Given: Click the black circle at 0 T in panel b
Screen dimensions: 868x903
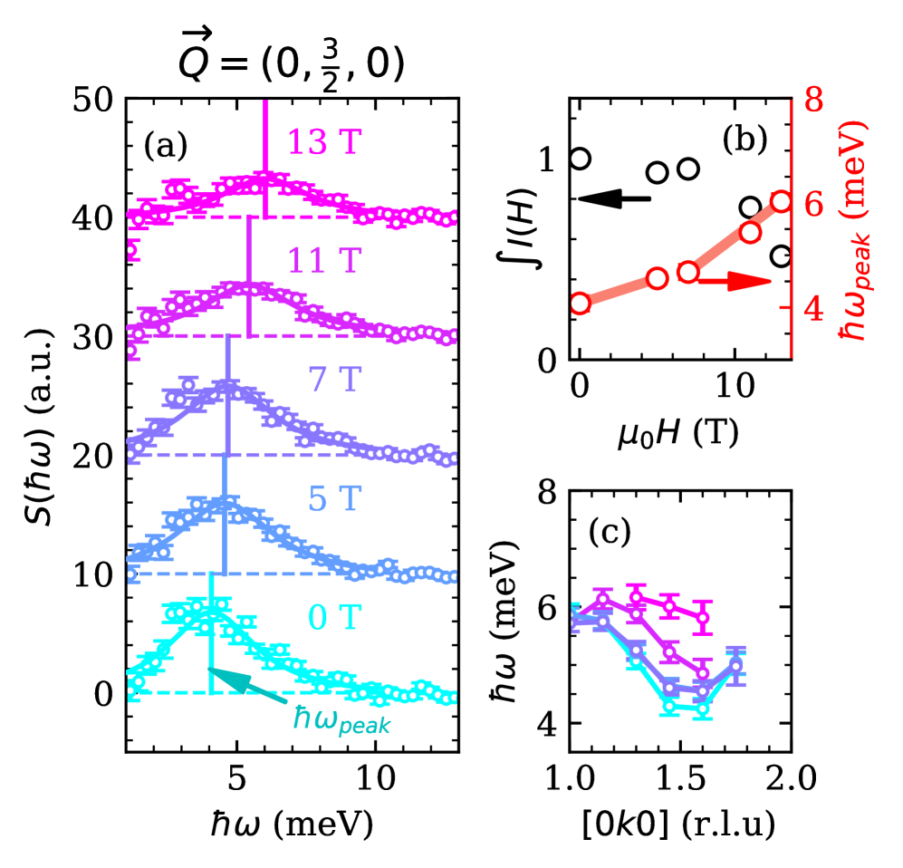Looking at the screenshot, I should (x=580, y=159).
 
